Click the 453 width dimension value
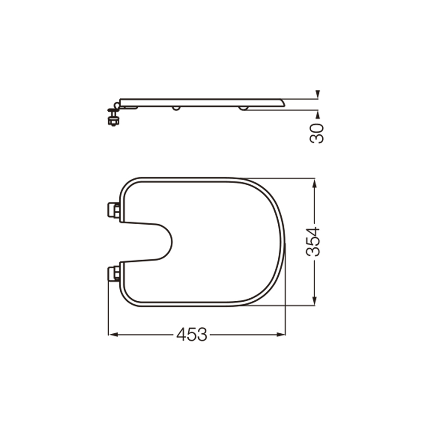(x=192, y=334)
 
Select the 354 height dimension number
(x=315, y=241)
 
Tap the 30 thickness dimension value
(x=317, y=133)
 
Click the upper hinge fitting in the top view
(x=114, y=210)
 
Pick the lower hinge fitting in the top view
(x=114, y=273)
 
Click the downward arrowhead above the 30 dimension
(x=317, y=94)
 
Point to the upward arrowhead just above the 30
(x=317, y=114)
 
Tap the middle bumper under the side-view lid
(x=176, y=108)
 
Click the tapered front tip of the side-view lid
(x=283, y=102)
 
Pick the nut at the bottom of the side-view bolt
(x=113, y=122)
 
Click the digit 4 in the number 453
(x=182, y=334)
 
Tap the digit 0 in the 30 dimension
(x=317, y=127)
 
